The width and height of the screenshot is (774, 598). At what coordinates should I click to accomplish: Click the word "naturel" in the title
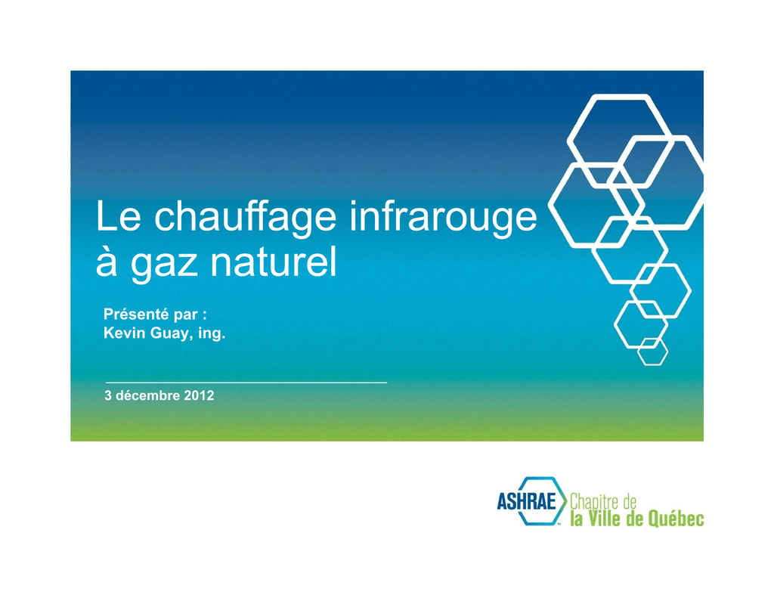pyautogui.click(x=274, y=261)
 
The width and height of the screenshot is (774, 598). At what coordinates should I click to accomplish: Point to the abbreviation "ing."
pyautogui.click(x=212, y=334)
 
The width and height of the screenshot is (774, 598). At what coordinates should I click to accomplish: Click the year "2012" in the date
pyautogui.click(x=199, y=395)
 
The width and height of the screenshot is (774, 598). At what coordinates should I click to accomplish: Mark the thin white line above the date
pyautogui.click(x=246, y=383)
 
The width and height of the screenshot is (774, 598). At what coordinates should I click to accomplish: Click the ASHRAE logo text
pyautogui.click(x=526, y=502)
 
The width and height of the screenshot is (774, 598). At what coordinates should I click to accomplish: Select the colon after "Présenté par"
pyautogui.click(x=204, y=315)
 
